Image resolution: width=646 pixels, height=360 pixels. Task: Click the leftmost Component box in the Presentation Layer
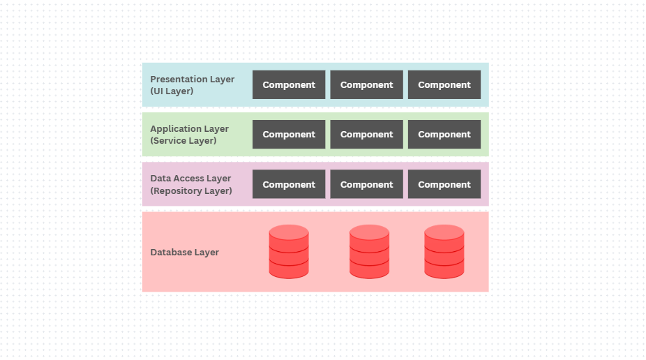coord(289,84)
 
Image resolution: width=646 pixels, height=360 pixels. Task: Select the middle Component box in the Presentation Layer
coord(366,84)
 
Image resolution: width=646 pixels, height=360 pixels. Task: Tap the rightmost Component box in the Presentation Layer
coord(444,84)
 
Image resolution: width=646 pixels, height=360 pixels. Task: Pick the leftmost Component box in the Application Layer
coord(289,135)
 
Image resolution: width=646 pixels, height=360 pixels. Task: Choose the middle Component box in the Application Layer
coord(366,135)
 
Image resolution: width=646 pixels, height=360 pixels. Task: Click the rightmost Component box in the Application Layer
coord(444,135)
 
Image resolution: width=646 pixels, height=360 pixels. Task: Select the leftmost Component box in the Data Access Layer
coord(289,184)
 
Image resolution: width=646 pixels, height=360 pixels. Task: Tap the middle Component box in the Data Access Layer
coord(366,184)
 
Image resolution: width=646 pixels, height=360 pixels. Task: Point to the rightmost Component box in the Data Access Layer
coord(444,184)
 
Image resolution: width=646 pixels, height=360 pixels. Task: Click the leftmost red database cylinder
coord(289,251)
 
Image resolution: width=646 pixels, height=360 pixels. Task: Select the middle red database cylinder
coord(369,251)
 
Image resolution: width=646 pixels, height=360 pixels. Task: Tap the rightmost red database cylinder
coord(444,251)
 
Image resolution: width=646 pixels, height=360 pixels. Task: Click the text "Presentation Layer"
coord(193,79)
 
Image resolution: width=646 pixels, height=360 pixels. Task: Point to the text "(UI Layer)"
coord(172,91)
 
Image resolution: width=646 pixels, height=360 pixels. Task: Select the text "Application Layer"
coord(190,128)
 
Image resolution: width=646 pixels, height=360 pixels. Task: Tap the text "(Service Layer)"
coord(183,140)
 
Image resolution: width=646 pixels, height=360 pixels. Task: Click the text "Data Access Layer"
coord(191,179)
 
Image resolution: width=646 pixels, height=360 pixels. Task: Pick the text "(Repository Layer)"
coord(191,190)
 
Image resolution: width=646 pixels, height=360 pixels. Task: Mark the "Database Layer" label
coord(185,252)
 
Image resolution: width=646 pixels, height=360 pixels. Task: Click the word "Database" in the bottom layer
coord(172,252)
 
